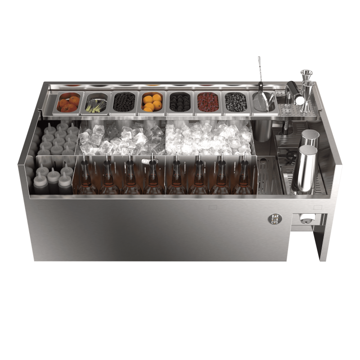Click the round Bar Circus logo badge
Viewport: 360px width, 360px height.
275,219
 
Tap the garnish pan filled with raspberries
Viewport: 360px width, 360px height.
208,103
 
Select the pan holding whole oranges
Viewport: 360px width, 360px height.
152,103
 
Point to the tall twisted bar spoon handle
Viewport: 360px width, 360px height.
260,69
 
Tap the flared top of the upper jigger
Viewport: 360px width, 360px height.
306,72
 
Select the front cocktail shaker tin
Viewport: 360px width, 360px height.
305,169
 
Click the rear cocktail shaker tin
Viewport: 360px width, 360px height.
310,138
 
